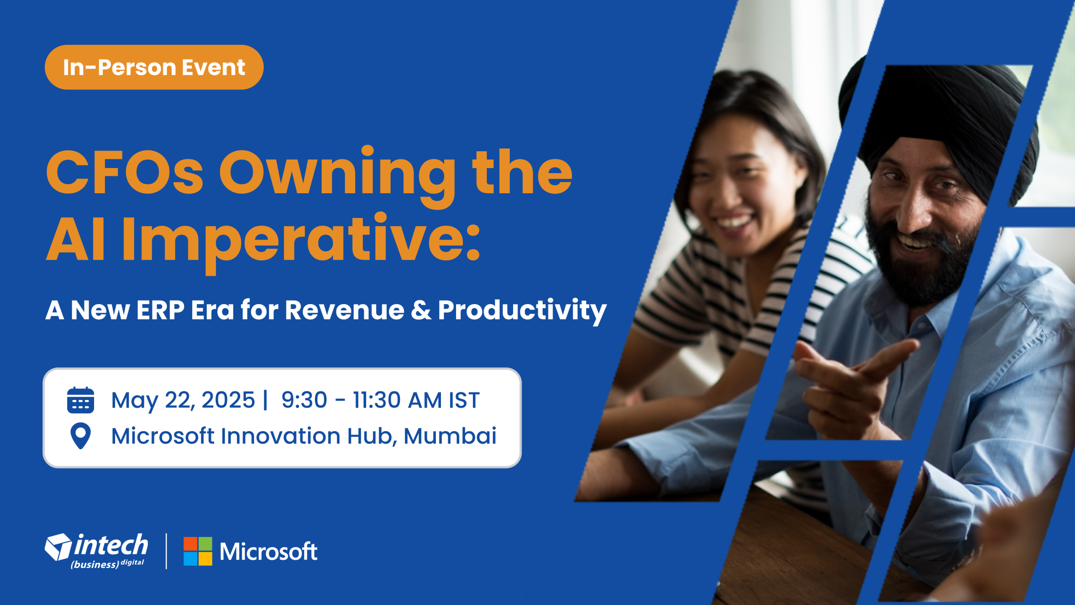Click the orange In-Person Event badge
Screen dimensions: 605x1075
[x=154, y=67]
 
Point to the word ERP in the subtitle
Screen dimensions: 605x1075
[x=160, y=310]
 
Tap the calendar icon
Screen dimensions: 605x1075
[x=81, y=400]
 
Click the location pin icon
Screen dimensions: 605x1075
[x=81, y=436]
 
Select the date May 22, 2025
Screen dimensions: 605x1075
[x=183, y=400]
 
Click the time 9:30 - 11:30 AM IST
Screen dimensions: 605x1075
[x=380, y=400]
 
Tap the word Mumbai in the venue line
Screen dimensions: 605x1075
[x=450, y=436]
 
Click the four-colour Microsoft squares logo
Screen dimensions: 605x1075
[x=198, y=551]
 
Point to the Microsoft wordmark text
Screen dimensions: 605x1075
[x=268, y=552]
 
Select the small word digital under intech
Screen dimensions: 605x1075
[x=132, y=562]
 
